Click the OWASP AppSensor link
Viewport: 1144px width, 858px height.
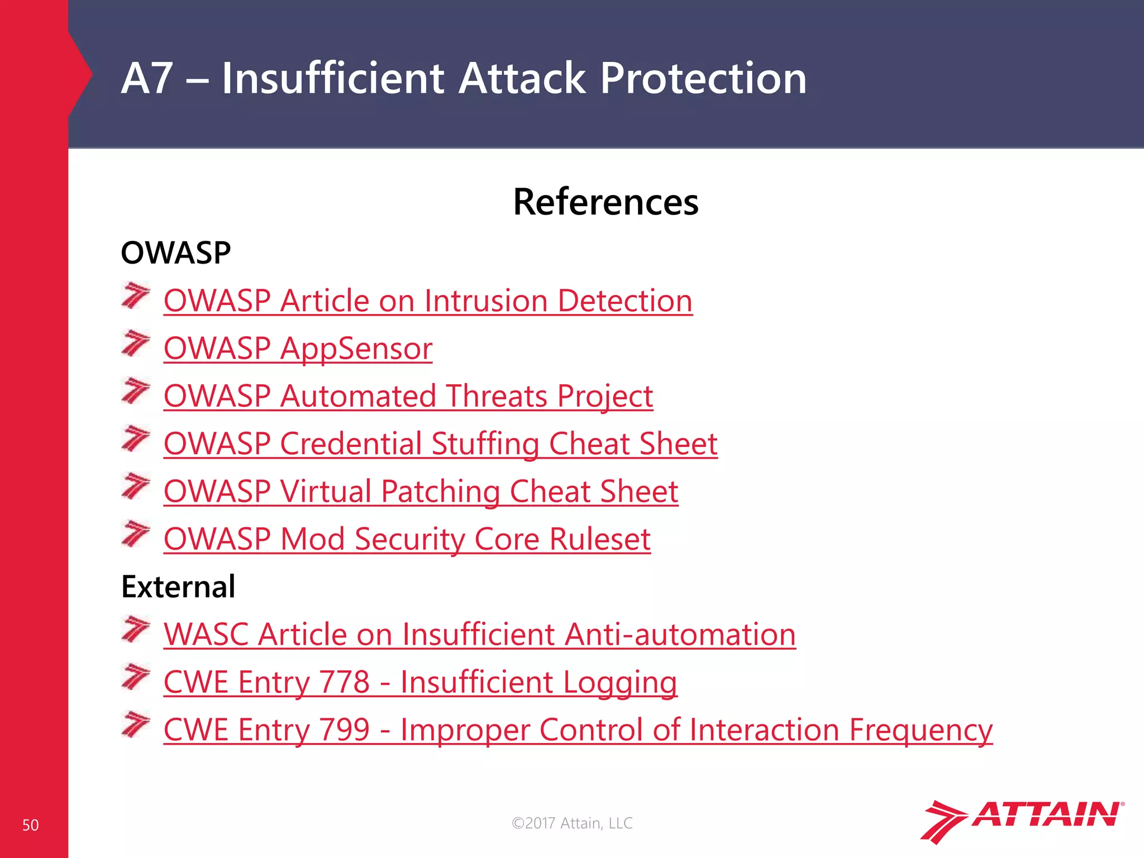click(x=298, y=349)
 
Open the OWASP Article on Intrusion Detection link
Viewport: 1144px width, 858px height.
click(x=428, y=301)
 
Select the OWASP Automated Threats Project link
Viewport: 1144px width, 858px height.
click(x=408, y=396)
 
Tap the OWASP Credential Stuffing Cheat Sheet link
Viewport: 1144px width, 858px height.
click(x=440, y=444)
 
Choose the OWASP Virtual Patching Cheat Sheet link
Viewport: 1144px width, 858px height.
click(x=421, y=492)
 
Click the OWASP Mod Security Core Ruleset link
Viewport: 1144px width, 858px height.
click(x=407, y=539)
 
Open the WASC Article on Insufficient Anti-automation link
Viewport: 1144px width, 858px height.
click(x=479, y=635)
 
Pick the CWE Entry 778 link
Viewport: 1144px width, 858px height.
click(x=420, y=682)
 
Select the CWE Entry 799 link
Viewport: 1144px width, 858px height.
click(x=578, y=730)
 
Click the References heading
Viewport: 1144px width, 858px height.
click(x=606, y=202)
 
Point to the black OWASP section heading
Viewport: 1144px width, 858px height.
click(x=175, y=253)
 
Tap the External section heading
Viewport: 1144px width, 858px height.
click(x=178, y=587)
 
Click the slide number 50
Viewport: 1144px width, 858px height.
click(x=30, y=825)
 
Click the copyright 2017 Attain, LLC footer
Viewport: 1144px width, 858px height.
click(x=572, y=823)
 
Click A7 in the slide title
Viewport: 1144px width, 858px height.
click(x=146, y=78)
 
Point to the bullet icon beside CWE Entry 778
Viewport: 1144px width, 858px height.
click(x=136, y=676)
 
